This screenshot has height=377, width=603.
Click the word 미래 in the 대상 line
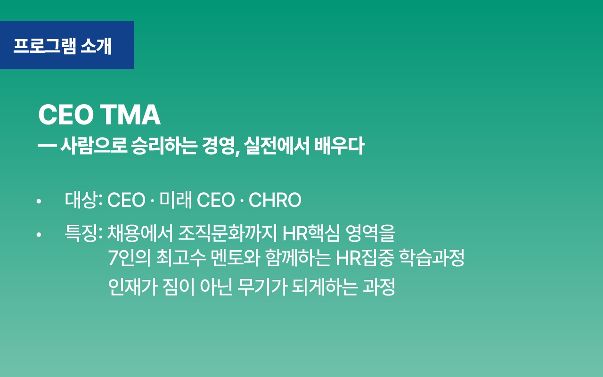[175, 201]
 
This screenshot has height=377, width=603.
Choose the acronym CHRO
[275, 201]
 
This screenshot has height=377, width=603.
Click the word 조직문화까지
[228, 233]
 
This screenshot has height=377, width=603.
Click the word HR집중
[365, 258]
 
